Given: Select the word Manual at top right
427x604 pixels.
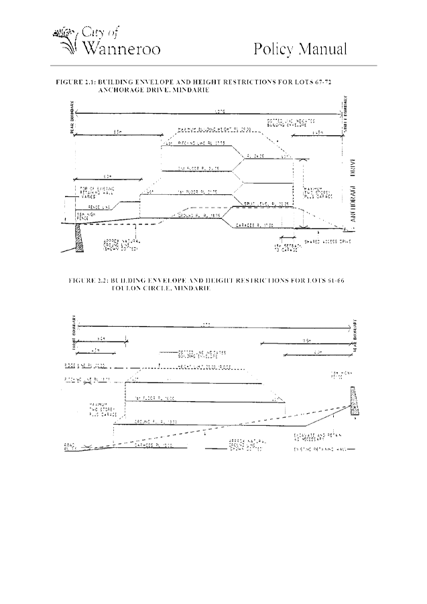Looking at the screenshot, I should (324, 49).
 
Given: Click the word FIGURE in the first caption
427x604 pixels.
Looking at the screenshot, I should (68, 81).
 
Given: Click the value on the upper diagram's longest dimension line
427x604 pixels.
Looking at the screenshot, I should (219, 110).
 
